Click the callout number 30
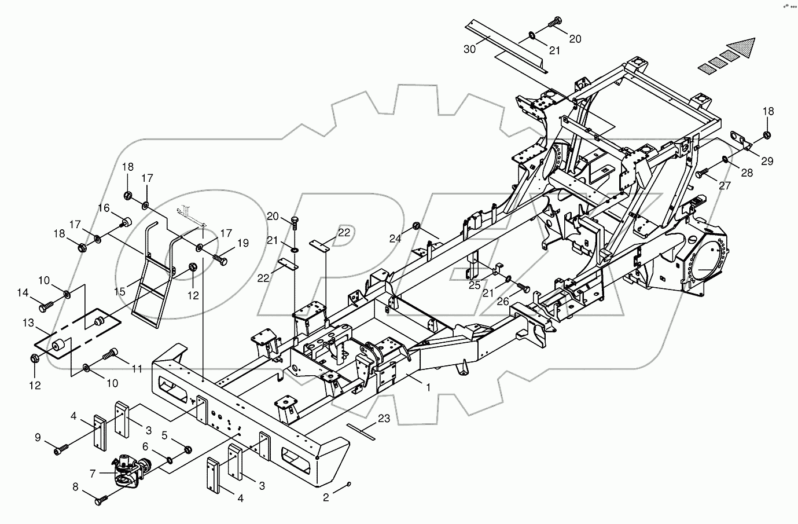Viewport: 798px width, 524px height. coord(469,50)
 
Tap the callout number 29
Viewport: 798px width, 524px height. coord(767,162)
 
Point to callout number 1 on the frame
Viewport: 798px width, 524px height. coord(428,387)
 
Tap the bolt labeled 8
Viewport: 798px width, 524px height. coord(103,496)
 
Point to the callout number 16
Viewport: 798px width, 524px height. coord(103,208)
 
